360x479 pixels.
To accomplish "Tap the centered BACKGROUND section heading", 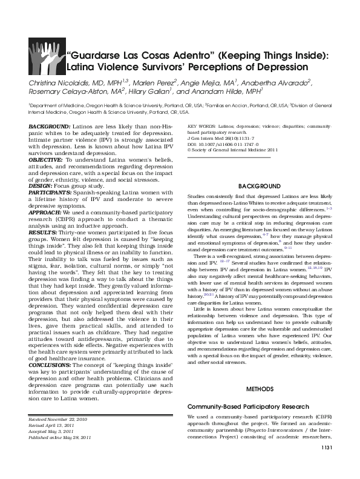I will [x=259, y=185].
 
